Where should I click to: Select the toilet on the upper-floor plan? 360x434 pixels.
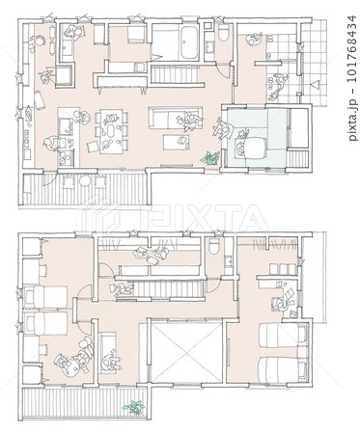click(x=213, y=247)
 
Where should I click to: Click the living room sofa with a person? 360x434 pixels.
click(x=176, y=118)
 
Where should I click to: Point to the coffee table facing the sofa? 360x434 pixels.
click(x=177, y=142)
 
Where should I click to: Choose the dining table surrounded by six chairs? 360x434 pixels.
click(x=111, y=131)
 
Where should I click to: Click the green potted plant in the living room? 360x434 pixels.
click(x=210, y=158)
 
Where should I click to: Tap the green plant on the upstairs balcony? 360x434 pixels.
click(x=133, y=407)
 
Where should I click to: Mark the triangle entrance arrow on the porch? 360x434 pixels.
click(x=315, y=85)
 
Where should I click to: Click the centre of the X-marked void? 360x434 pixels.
click(x=186, y=353)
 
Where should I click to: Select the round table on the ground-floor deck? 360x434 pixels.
click(x=85, y=181)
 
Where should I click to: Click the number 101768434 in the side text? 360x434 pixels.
click(x=352, y=52)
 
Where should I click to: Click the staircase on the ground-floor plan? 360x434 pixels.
click(x=174, y=74)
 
